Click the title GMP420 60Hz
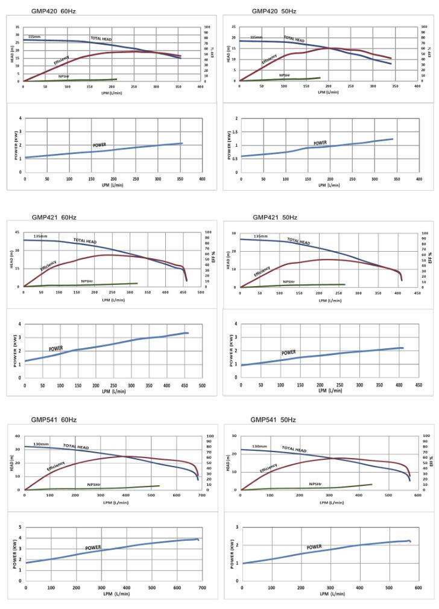pos(54,11)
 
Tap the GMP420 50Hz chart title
pos(274,11)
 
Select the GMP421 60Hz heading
pos(54,217)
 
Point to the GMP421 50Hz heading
pos(275,217)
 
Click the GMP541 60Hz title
pos(54,419)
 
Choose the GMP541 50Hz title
pos(273,419)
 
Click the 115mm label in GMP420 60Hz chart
pos(35,37)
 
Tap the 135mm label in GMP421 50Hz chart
pos(261,237)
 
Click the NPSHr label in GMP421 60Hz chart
pos(87,281)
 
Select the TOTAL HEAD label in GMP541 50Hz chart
pos(294,449)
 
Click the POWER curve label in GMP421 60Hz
pos(56,348)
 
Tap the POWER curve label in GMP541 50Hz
pos(314,547)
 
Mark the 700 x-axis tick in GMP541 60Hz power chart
pos(201,587)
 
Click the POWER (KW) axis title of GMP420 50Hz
pos(230,145)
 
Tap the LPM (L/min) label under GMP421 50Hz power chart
pos(330,391)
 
